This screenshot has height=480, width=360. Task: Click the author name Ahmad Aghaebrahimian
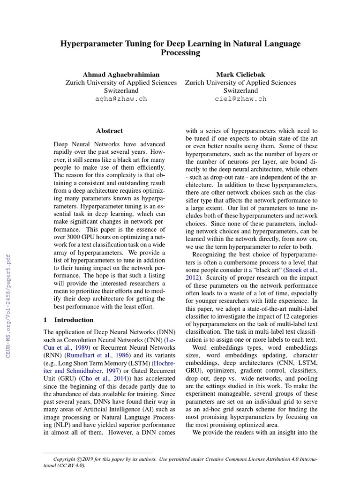click(x=121, y=75)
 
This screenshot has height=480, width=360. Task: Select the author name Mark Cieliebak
click(x=240, y=75)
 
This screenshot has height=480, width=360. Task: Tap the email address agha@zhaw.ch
click(x=121, y=99)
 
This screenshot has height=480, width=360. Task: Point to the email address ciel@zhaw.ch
click(x=240, y=99)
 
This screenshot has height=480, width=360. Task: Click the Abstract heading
click(x=109, y=131)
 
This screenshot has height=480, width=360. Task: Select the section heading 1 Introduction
click(x=68, y=320)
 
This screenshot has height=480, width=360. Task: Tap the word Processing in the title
click(x=180, y=53)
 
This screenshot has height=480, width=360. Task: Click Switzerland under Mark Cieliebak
click(x=240, y=90)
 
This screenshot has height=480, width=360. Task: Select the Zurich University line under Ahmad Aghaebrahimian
click(x=121, y=82)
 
